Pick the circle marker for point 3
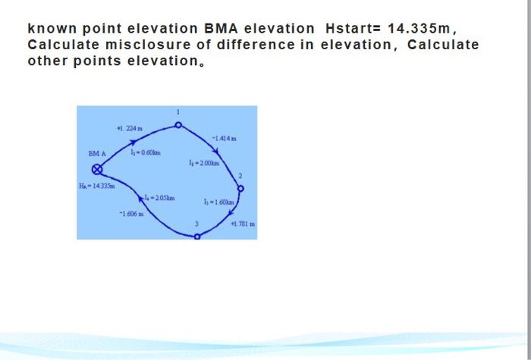[198, 236]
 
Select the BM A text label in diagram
[96, 153]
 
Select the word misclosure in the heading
[124, 45]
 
